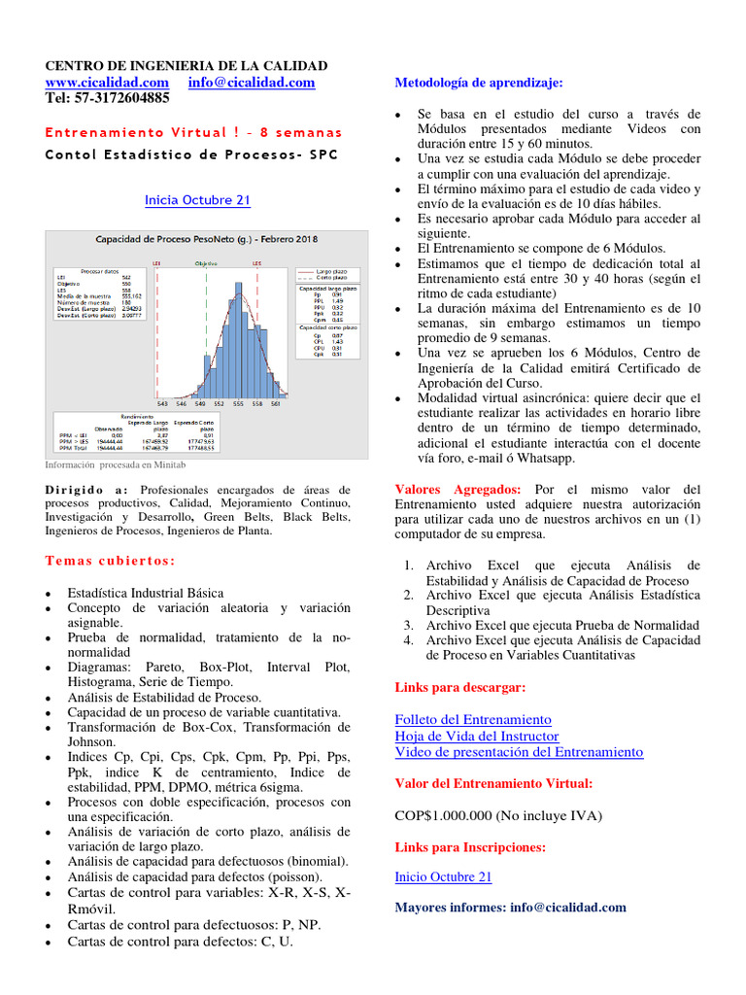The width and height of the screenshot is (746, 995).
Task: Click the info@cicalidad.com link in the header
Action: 252,83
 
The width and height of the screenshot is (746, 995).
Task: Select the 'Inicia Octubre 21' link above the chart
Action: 197,200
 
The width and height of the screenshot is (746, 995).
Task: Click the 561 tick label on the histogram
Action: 275,403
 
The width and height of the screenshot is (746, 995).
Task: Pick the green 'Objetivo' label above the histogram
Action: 205,262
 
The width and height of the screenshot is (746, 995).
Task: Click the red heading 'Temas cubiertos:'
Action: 111,561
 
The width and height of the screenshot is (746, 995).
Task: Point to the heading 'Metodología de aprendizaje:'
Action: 479,83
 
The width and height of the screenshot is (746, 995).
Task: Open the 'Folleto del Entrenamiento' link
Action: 473,719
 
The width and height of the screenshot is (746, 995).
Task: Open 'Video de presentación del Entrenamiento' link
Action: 519,752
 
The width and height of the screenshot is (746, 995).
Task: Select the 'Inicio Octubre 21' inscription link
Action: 443,876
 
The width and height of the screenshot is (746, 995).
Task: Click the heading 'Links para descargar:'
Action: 460,687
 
